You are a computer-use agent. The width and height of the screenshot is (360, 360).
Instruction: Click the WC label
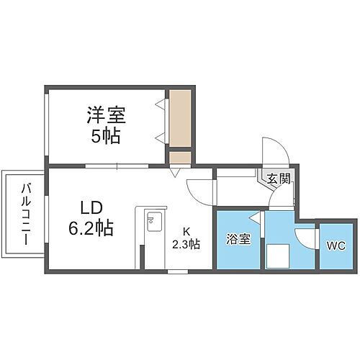[336, 246]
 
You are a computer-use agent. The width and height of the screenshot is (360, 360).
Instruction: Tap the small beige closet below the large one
[180, 156]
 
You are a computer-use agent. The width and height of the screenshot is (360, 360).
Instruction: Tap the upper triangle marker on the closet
[159, 104]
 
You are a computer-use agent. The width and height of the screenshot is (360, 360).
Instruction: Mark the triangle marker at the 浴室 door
[253, 217]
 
